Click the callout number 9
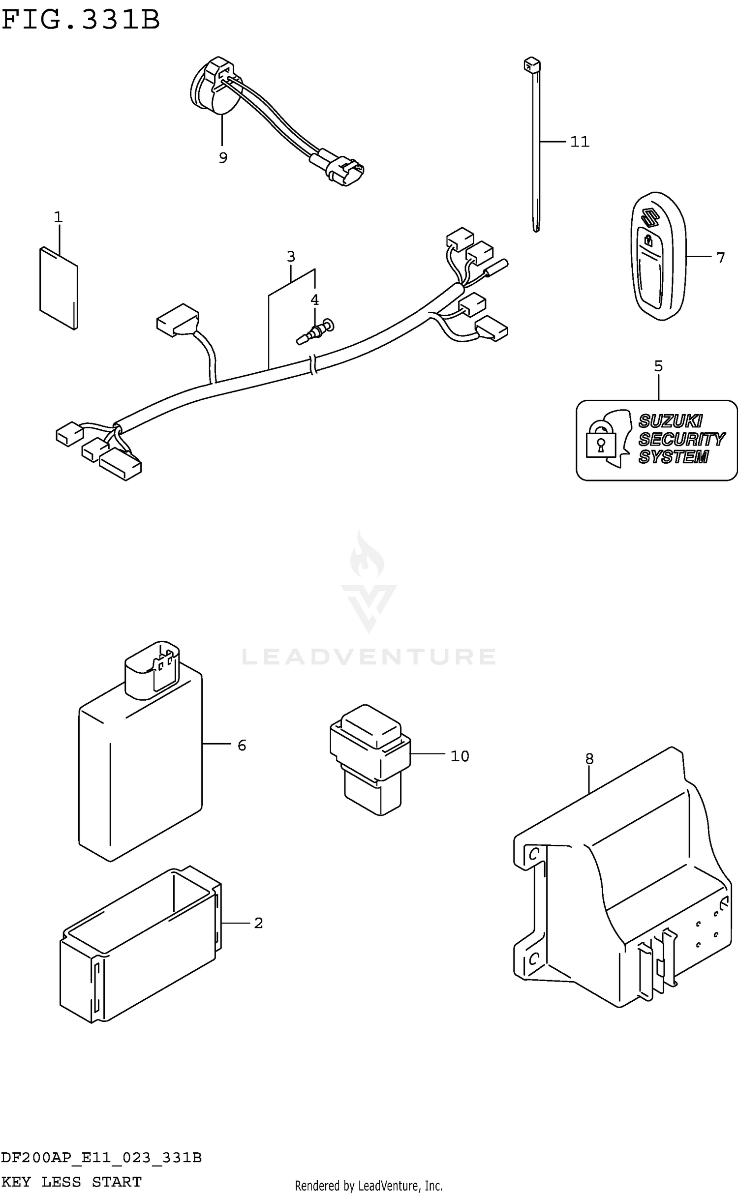223,158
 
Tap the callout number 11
580,142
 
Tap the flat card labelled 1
59,288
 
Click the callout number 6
242,746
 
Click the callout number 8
589,759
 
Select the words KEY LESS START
72,1181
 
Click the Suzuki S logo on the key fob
650,217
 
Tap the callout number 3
291,256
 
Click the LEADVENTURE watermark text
369,657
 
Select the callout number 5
658,366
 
